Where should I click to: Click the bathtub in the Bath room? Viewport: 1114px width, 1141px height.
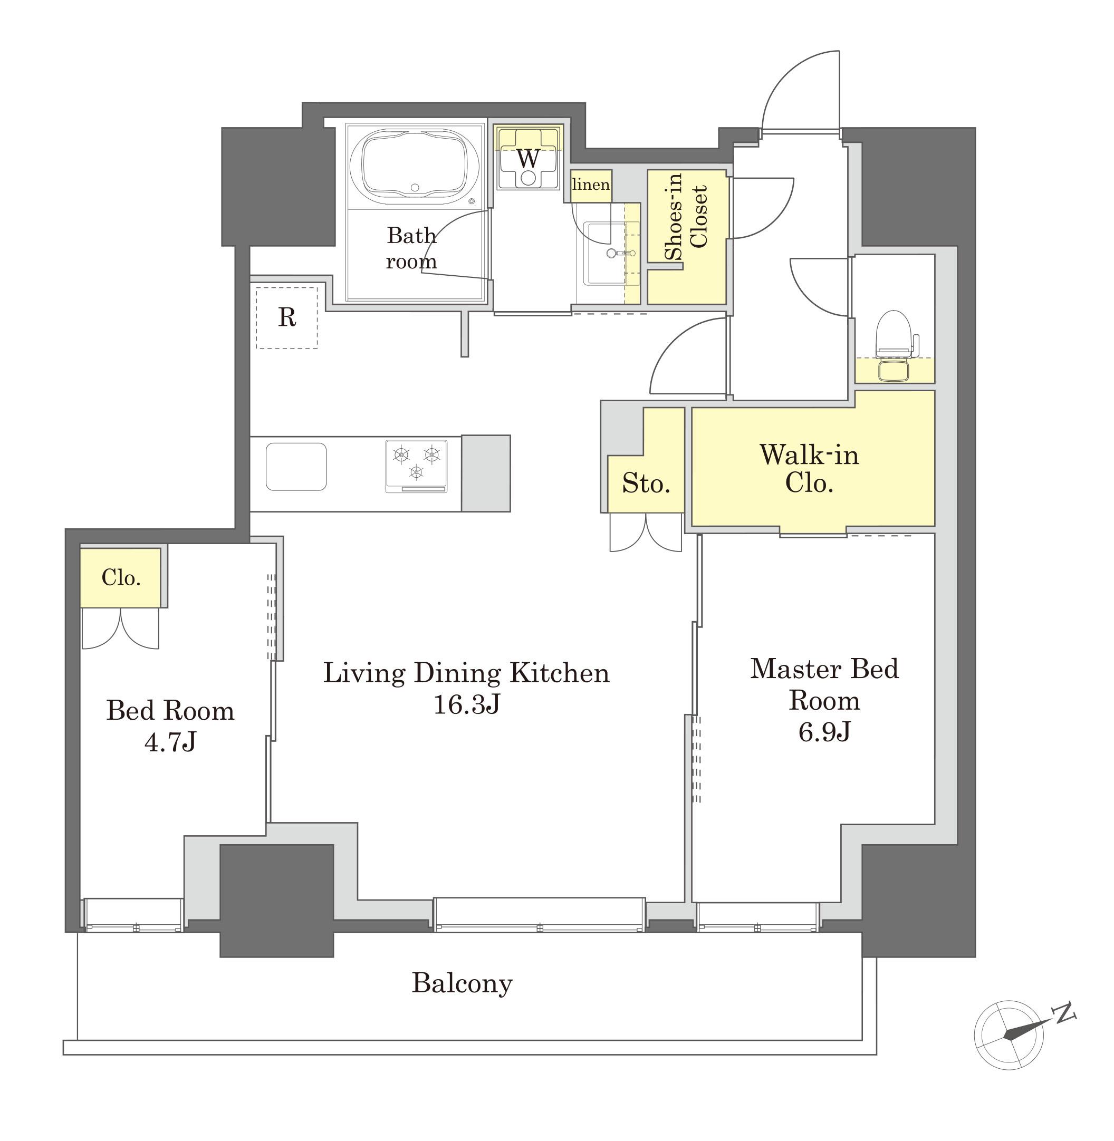(x=415, y=167)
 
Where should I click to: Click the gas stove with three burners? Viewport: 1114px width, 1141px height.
(x=416, y=466)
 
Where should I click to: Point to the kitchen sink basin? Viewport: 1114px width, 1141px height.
(x=296, y=466)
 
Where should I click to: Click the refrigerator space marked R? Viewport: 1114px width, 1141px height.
(x=287, y=317)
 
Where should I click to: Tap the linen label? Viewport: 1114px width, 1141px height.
(x=591, y=185)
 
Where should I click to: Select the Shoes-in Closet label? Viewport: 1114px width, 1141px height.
(x=687, y=216)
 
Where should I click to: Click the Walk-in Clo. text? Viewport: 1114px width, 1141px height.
(x=809, y=468)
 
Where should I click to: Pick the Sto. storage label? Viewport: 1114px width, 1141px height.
(x=646, y=483)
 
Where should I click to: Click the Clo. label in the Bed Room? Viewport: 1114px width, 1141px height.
(x=121, y=577)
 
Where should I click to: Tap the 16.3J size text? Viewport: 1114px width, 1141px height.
(x=466, y=705)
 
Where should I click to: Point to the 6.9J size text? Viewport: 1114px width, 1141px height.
(x=824, y=732)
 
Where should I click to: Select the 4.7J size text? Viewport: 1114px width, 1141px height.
(x=170, y=742)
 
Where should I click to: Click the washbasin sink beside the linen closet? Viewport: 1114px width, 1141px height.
(x=606, y=253)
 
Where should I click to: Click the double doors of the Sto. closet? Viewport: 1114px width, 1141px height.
(x=646, y=532)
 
